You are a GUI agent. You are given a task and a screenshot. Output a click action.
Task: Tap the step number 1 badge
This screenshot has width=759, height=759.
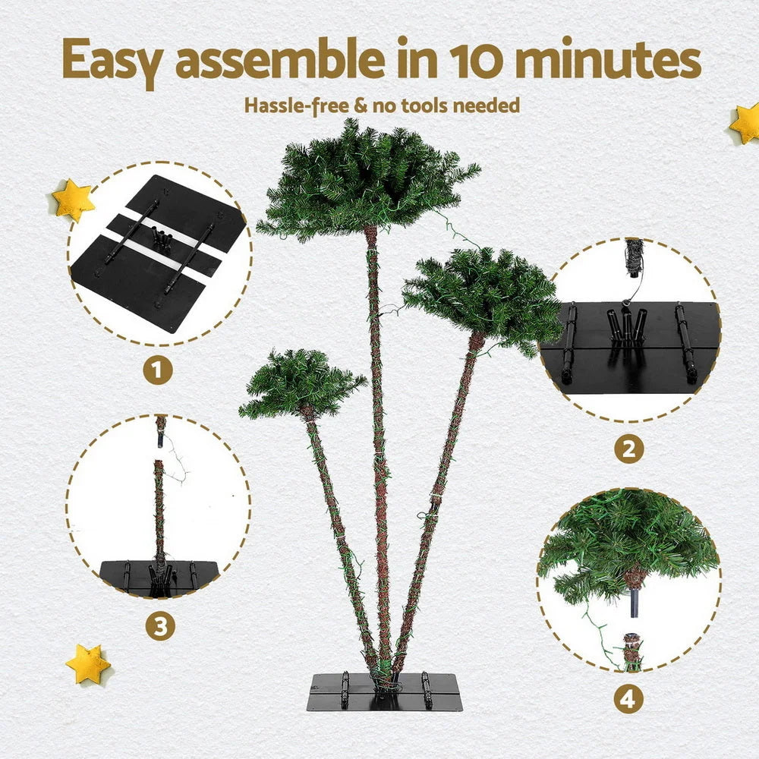click(x=158, y=371)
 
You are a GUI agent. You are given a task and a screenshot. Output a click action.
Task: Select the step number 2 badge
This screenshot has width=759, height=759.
click(x=628, y=449)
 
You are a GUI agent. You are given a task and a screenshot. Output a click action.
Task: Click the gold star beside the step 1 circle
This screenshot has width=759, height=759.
click(x=73, y=200)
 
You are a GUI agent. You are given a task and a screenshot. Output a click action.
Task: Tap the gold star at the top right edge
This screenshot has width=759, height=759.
click(x=746, y=124)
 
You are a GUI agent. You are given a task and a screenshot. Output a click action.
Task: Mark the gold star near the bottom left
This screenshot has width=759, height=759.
click(x=88, y=663)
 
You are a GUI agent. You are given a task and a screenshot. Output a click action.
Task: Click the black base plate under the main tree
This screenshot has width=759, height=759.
click(x=384, y=691)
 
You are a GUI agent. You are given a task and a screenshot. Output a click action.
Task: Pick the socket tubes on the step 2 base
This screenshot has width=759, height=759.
click(x=627, y=325)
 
